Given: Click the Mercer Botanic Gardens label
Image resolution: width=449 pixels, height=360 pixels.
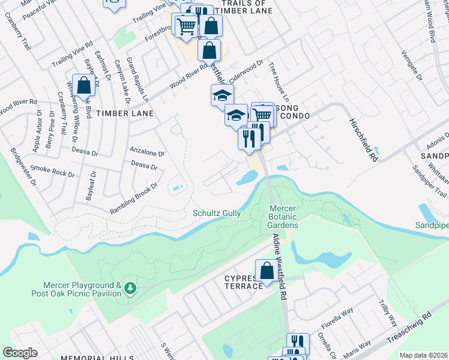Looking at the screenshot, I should tap(282, 216).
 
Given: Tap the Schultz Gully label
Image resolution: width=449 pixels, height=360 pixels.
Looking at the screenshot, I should tap(217, 213).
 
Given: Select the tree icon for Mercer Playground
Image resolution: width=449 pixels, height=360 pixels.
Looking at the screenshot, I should tap(129, 290).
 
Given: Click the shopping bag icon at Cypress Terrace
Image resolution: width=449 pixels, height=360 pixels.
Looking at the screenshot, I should tap(267, 271).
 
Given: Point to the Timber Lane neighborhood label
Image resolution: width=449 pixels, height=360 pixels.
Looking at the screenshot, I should tap(125, 113).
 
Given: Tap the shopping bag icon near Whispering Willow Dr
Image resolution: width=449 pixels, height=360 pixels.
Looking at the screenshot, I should tap(83, 85).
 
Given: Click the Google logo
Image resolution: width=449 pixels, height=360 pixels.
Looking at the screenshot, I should tap(20, 353).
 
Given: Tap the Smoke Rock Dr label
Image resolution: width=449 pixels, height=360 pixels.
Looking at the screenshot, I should tap(52, 171).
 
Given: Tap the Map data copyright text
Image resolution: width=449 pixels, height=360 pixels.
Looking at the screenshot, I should tap(423, 355).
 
